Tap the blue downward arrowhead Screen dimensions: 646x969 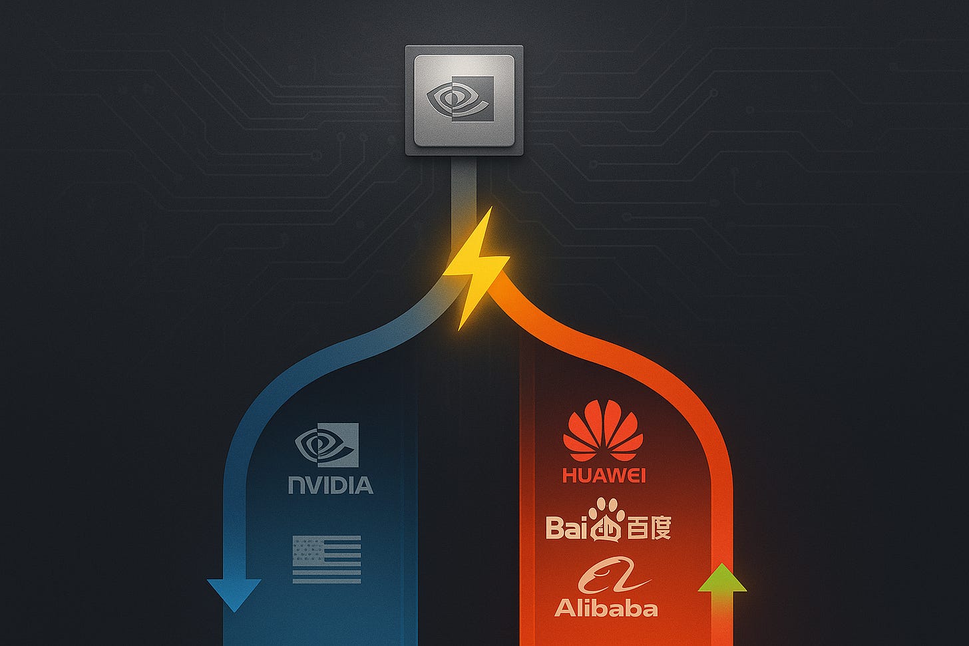[x=234, y=593]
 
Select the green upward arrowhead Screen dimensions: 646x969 [x=722, y=580]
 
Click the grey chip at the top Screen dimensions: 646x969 [x=464, y=100]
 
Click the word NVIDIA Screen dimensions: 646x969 [x=331, y=484]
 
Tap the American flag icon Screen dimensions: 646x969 [x=327, y=560]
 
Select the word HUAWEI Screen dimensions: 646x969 [x=604, y=475]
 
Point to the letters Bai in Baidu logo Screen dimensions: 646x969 [x=568, y=528]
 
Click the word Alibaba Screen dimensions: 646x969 [x=606, y=607]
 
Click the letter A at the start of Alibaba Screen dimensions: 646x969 [x=564, y=607]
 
